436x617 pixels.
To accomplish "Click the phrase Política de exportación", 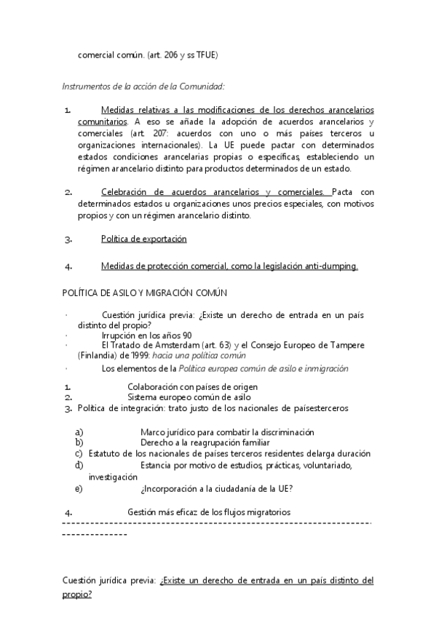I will (x=144, y=239).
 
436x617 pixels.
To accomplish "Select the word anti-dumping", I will (x=330, y=266).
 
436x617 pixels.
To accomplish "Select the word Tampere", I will (x=345, y=346).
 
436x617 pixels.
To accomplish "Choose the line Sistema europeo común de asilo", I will (x=189, y=398).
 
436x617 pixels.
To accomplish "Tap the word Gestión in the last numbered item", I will (x=143, y=512).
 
